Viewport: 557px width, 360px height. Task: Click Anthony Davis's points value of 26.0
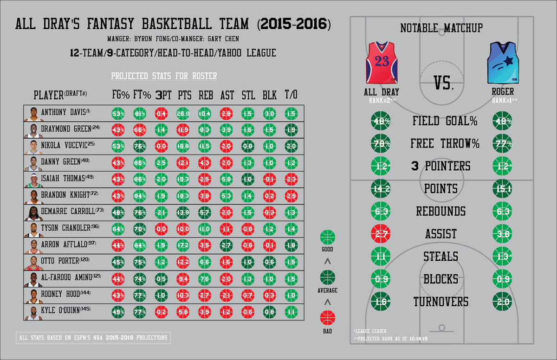[183, 113]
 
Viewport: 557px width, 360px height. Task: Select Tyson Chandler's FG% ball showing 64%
[118, 229]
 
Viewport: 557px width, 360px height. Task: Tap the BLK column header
[269, 95]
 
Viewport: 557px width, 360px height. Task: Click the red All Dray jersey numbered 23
[382, 62]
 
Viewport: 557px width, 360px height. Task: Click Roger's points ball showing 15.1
[502, 189]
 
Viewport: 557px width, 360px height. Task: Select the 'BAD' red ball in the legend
[328, 319]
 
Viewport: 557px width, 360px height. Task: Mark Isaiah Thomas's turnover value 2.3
[291, 179]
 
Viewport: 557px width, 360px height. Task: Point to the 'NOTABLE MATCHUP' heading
[441, 28]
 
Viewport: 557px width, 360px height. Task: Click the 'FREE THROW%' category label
[444, 143]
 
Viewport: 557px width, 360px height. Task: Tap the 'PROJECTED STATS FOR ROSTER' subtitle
[164, 76]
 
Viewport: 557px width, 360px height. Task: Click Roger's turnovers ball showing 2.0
[502, 302]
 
